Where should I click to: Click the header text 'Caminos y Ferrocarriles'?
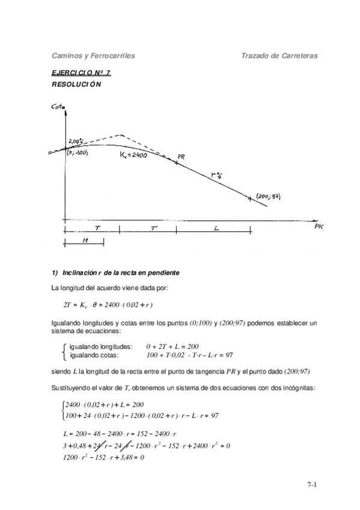click(93, 55)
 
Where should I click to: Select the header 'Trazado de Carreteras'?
click(279, 55)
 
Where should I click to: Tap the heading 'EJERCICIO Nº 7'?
click(81, 73)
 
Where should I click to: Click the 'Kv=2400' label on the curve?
click(135, 155)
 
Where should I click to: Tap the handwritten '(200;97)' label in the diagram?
click(269, 197)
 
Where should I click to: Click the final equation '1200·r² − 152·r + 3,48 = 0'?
click(103, 457)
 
